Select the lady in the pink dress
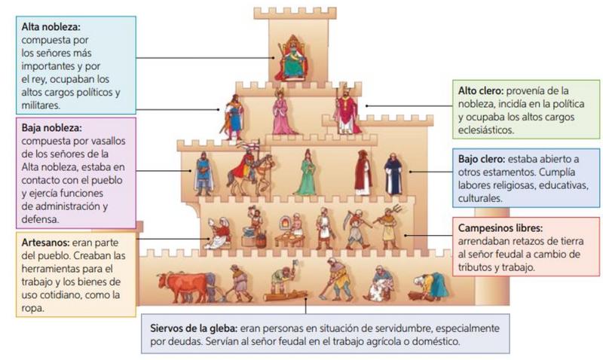tap(283, 113)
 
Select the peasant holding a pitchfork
tap(387, 226)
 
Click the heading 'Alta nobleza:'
tap(50, 26)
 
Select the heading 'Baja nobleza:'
tap(51, 127)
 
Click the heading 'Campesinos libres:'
tap(500, 227)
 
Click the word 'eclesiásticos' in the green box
tap(490, 130)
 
